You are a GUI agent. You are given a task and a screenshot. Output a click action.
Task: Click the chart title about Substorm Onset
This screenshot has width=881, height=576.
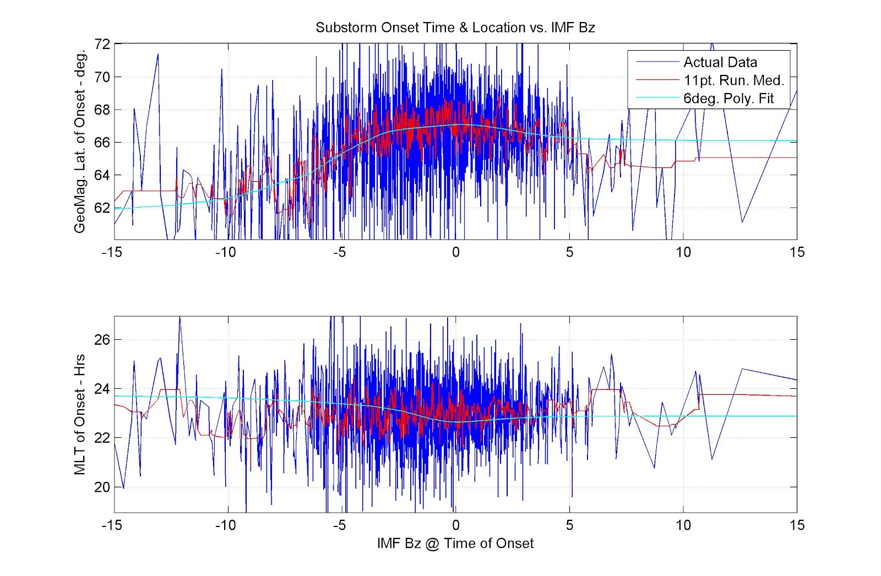(455, 28)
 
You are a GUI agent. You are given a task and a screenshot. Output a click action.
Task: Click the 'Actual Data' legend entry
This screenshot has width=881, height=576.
(720, 62)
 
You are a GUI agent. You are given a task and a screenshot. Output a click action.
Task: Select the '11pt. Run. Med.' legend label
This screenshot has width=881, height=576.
(733, 80)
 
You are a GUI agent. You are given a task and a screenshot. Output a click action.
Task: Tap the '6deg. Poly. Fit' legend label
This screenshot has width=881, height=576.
(728, 99)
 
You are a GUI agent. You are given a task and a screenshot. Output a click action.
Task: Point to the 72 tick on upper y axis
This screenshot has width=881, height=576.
(102, 44)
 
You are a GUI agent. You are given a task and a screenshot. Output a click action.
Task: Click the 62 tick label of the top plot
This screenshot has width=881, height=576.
(102, 208)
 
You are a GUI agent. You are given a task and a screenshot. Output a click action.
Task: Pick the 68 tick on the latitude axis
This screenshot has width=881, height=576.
(102, 110)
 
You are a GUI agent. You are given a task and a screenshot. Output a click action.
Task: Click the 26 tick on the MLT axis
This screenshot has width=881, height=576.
(102, 340)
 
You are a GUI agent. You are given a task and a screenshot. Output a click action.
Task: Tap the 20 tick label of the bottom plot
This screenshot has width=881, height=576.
(102, 487)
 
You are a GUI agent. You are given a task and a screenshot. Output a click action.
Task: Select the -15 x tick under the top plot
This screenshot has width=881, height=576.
(112, 252)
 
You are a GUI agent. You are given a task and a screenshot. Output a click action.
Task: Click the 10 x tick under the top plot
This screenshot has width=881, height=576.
(683, 252)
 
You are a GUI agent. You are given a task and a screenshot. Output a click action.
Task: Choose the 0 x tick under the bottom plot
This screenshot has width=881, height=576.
(455, 525)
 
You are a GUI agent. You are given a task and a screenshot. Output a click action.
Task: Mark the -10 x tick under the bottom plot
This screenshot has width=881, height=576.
(225, 525)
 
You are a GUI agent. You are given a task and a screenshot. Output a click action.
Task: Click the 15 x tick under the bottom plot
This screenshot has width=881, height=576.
(796, 525)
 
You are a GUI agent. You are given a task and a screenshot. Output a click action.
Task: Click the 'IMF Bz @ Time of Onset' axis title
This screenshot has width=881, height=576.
(455, 544)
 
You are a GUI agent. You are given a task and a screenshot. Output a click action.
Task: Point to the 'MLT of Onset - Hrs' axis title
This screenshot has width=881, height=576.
(80, 414)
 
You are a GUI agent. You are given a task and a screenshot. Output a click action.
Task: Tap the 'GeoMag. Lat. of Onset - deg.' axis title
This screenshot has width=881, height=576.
(80, 142)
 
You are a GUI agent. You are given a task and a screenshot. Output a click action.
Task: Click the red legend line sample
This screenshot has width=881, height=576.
(657, 80)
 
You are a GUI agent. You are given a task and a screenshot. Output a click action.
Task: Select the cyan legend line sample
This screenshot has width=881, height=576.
(657, 98)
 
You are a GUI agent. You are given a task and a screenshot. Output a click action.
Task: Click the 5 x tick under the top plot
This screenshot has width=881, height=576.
(569, 252)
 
